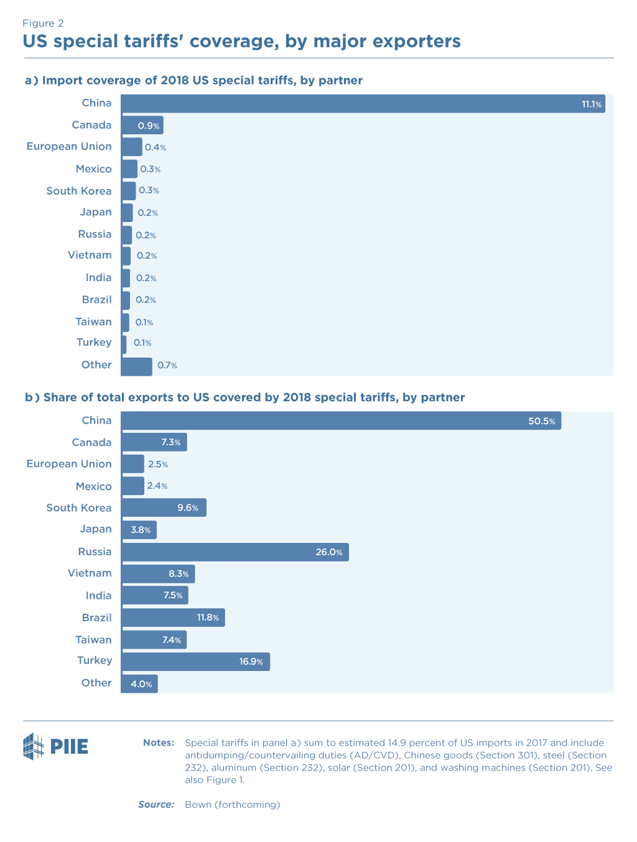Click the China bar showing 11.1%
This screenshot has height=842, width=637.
click(363, 104)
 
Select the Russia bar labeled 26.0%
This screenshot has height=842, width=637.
click(235, 552)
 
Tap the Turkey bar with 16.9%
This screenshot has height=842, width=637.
click(195, 662)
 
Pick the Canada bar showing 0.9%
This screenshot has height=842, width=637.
click(142, 126)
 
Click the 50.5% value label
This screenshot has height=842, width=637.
click(541, 421)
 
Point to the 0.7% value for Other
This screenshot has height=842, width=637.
click(167, 366)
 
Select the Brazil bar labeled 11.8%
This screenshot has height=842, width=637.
click(172, 618)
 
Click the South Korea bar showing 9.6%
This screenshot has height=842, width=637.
click(163, 508)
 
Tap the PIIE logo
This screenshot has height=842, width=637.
click(56, 746)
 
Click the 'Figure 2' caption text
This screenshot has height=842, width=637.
click(43, 24)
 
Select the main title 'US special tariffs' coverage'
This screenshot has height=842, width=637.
click(241, 42)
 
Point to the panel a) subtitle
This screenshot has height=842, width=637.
click(193, 81)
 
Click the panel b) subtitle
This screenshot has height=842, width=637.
click(244, 398)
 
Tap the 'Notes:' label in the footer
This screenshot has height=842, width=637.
click(158, 743)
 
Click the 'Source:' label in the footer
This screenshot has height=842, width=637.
click(156, 805)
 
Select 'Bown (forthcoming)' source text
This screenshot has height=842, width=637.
click(232, 805)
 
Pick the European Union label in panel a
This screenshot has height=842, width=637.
click(69, 147)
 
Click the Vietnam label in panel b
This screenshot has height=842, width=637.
click(90, 573)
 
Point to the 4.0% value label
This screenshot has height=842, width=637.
click(141, 684)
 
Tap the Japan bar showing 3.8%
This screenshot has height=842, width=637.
click(139, 530)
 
